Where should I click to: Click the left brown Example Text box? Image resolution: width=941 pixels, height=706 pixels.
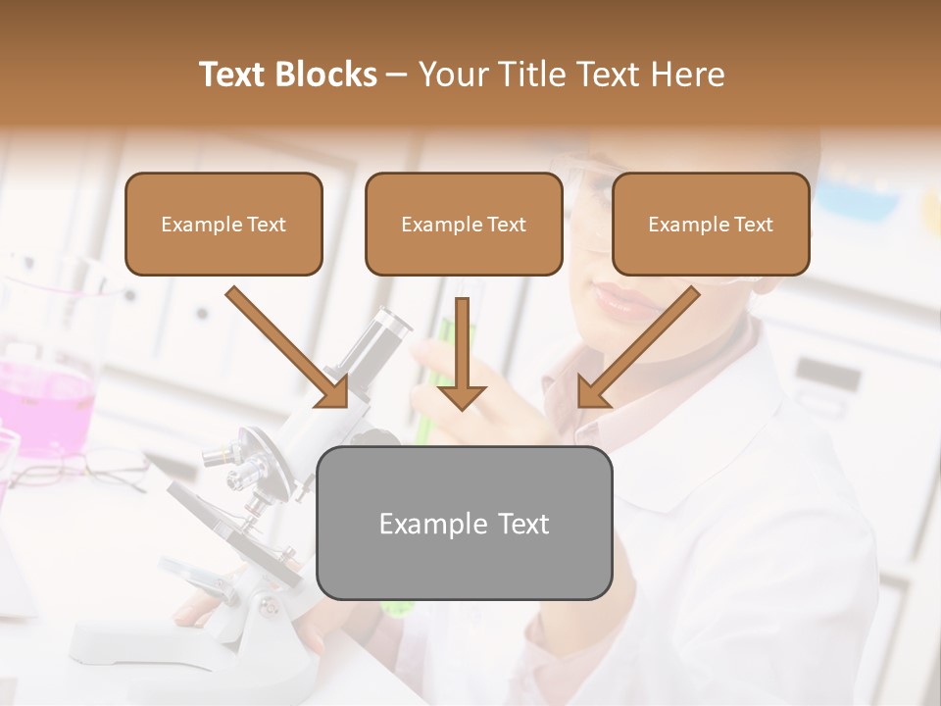click(x=223, y=224)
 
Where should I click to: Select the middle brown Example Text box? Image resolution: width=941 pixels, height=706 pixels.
click(x=464, y=224)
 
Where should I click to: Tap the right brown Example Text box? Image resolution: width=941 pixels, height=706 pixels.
click(x=711, y=224)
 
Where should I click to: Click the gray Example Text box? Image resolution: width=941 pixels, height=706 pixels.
click(x=464, y=523)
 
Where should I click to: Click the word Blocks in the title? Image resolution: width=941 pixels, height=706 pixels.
click(x=326, y=75)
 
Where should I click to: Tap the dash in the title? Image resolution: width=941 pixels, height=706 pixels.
click(x=397, y=76)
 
